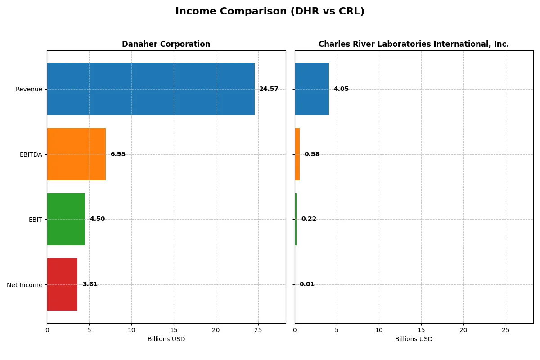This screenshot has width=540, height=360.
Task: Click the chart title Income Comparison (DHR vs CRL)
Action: [x=270, y=12]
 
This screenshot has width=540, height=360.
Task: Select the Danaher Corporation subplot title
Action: [x=166, y=45]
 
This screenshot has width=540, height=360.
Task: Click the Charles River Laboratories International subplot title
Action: [x=414, y=45]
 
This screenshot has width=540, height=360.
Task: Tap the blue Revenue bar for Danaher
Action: [x=151, y=89]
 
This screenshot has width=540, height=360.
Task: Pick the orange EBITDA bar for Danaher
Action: [x=76, y=154]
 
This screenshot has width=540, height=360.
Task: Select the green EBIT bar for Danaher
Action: [x=66, y=220]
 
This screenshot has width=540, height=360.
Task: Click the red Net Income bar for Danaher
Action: [x=62, y=284]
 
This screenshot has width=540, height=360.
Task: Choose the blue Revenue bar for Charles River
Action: [x=312, y=89]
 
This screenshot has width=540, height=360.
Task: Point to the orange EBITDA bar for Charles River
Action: [x=297, y=154]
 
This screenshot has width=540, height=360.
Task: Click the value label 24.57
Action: [x=269, y=89]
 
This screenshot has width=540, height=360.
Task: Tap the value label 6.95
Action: [x=118, y=154]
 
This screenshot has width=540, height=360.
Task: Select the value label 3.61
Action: [x=90, y=284]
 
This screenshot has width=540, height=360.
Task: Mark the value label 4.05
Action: [x=341, y=89]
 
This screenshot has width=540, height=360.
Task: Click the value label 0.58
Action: [x=312, y=154]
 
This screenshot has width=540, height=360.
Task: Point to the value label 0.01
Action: [x=307, y=284]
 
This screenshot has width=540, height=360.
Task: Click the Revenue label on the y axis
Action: [x=29, y=90]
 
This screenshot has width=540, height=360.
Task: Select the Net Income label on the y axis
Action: [x=25, y=285]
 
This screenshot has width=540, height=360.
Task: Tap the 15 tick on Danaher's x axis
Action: [x=174, y=330]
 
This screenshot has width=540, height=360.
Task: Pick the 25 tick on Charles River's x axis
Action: [x=506, y=330]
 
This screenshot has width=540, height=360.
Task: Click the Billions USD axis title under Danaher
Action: [x=166, y=339]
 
